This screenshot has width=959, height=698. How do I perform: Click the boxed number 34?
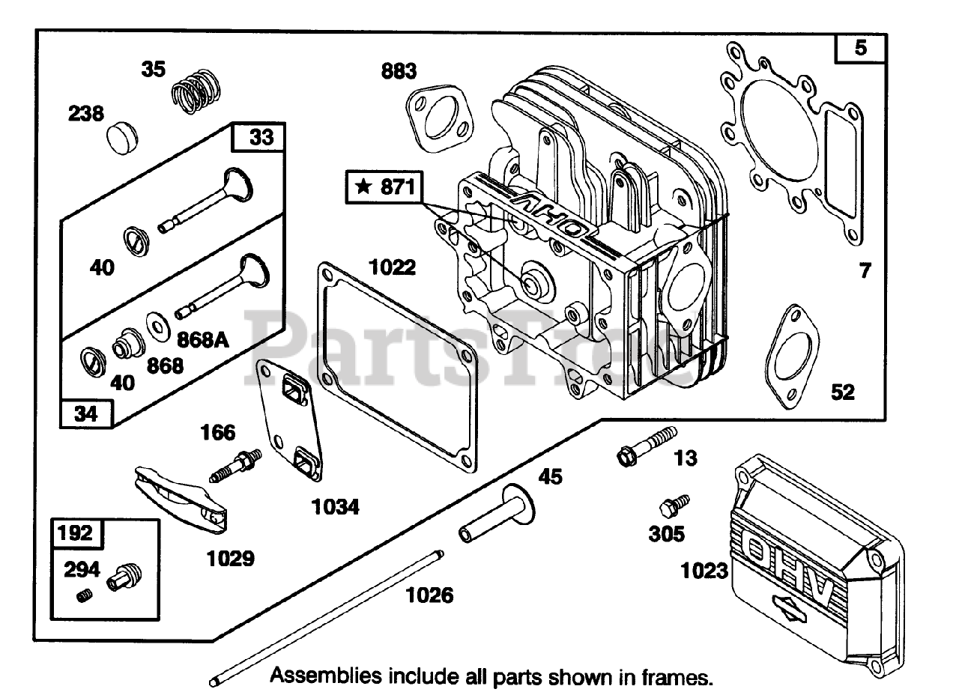pos(86,413)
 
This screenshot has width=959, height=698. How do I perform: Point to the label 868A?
pos(202,339)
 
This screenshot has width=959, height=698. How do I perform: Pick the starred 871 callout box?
pos(384,187)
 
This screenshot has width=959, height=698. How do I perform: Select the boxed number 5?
pos(860,49)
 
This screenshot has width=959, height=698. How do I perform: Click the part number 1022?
pos(392,267)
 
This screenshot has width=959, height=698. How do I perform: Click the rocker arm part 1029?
pos(180,494)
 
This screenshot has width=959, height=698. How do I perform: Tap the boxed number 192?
pos(76,533)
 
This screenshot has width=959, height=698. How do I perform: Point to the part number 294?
pos(82,570)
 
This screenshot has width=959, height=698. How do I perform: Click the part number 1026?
pos(429,595)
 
